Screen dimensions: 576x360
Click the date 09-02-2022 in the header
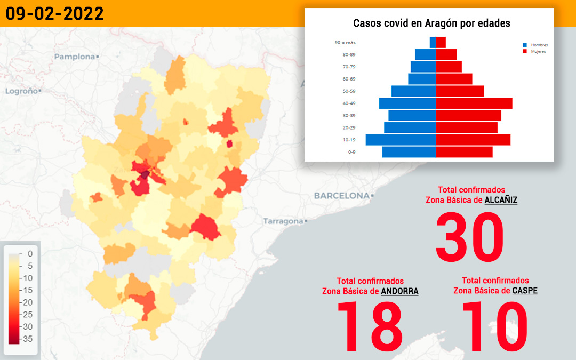pos(55,14)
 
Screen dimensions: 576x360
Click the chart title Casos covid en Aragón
pos(431,23)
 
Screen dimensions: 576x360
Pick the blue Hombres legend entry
pos(535,45)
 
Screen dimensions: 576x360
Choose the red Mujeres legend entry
pos(534,51)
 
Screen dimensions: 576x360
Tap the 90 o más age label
pos(345,43)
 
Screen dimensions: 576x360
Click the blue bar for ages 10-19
pos(401,140)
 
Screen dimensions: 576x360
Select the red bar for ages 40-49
pos(474,103)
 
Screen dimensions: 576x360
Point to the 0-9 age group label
pos(351,152)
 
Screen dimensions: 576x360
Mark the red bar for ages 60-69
pos(454,79)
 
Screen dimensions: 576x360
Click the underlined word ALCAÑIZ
pos(501,200)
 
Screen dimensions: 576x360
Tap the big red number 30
pos(469,237)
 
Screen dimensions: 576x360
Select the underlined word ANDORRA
pos(399,291)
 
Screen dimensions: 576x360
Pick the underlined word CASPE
pos(525,291)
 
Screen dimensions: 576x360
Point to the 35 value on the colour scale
pos(28,339)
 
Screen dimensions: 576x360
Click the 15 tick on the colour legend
pos(28,290)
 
